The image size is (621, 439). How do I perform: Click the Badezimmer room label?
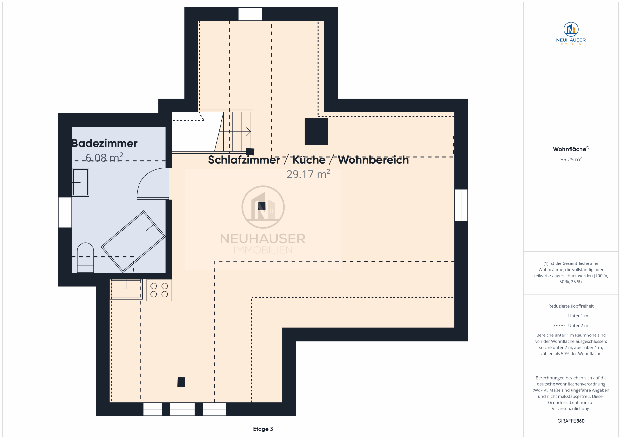coord(104,143)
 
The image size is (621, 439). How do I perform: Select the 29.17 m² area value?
coord(308,174)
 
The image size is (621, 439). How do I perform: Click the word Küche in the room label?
coord(309,160)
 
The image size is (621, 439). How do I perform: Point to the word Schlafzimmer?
coord(244,160)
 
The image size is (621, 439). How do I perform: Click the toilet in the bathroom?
coord(85,258)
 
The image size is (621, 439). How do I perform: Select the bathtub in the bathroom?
coord(133,241)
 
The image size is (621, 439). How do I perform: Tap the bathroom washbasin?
coord(81,182)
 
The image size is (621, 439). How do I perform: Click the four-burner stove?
coord(159,290)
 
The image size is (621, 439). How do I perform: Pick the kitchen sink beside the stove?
coord(126,289)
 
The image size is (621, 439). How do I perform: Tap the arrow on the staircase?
coord(235,132)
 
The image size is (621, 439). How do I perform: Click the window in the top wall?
coord(250,14)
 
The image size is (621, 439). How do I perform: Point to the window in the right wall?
coord(461,205)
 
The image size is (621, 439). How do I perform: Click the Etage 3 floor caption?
coord(263,429)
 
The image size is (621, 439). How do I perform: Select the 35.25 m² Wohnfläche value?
coord(571,159)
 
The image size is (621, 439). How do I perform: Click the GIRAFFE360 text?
coord(571,421)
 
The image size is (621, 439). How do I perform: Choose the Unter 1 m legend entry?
coord(571,316)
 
